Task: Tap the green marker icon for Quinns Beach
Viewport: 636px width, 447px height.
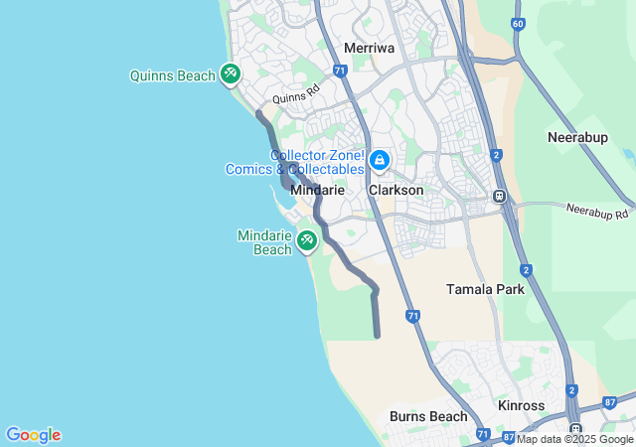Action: click(x=231, y=74)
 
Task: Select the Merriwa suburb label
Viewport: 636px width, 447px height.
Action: click(x=369, y=48)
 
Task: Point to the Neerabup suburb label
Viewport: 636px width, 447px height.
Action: click(x=577, y=137)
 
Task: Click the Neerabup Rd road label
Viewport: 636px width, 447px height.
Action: click(x=598, y=212)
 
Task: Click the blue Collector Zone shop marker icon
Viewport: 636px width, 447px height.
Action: click(x=379, y=160)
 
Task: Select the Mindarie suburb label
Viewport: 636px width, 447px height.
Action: click(x=317, y=190)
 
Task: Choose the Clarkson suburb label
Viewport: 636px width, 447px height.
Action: click(x=396, y=190)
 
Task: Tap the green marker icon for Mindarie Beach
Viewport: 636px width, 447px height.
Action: click(x=306, y=240)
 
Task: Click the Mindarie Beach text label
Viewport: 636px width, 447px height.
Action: click(x=264, y=242)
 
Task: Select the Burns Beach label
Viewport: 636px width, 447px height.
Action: click(x=427, y=416)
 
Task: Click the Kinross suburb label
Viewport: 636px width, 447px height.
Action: click(x=521, y=407)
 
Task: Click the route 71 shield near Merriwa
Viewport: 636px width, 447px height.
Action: click(x=340, y=71)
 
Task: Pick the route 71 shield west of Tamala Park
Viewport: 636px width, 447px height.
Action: click(x=412, y=315)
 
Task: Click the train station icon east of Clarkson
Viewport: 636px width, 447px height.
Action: click(x=500, y=196)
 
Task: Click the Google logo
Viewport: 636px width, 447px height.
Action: click(x=33, y=435)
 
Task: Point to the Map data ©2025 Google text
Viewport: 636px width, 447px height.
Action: click(x=574, y=439)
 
